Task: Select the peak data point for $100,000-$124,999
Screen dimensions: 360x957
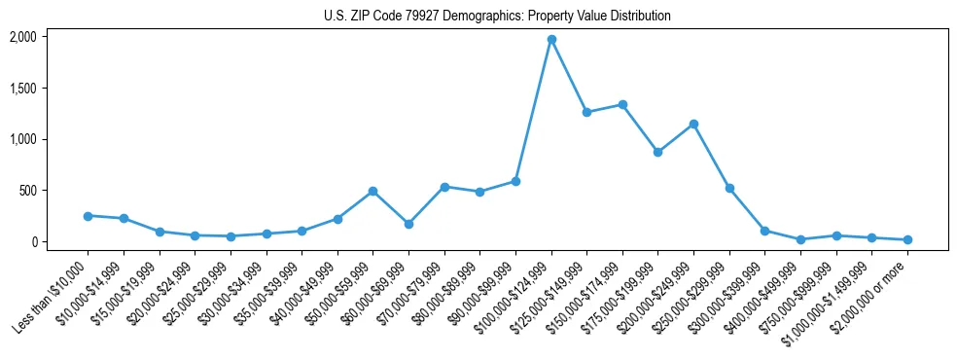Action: (x=551, y=40)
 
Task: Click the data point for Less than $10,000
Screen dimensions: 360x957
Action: (x=88, y=216)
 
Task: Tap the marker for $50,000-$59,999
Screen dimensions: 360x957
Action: (x=372, y=192)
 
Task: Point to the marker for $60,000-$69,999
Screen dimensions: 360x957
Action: (x=408, y=224)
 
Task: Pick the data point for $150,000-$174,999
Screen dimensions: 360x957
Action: (x=622, y=104)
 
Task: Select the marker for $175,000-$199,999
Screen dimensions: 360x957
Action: (x=658, y=152)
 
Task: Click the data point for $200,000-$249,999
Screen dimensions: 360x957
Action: (x=693, y=124)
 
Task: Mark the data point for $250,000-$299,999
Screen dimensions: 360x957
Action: (x=729, y=188)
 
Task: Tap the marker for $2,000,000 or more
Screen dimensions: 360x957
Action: (x=907, y=239)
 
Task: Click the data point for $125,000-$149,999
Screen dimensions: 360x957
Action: (x=586, y=112)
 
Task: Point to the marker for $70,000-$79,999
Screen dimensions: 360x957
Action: (x=444, y=187)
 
